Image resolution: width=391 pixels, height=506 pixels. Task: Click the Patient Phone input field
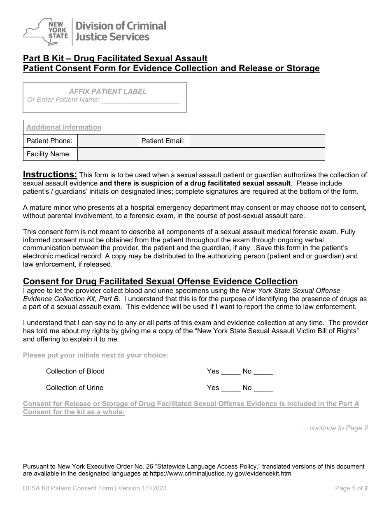(x=107, y=141)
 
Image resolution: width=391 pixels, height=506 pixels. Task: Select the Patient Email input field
(x=257, y=141)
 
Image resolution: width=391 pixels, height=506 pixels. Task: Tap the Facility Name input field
(x=201, y=154)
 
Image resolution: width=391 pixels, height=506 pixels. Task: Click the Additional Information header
(x=64, y=128)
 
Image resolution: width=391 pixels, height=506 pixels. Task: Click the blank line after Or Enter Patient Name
(x=140, y=100)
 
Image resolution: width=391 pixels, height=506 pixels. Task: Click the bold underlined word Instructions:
(x=50, y=174)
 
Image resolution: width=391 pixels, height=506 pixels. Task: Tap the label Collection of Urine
(x=74, y=388)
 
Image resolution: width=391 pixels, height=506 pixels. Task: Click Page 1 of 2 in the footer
(x=351, y=489)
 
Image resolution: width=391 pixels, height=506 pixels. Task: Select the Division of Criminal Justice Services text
(x=120, y=31)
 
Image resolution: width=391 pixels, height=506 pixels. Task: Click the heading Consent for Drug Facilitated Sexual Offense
(x=160, y=281)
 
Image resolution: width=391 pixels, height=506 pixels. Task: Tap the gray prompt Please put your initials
(x=95, y=355)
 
